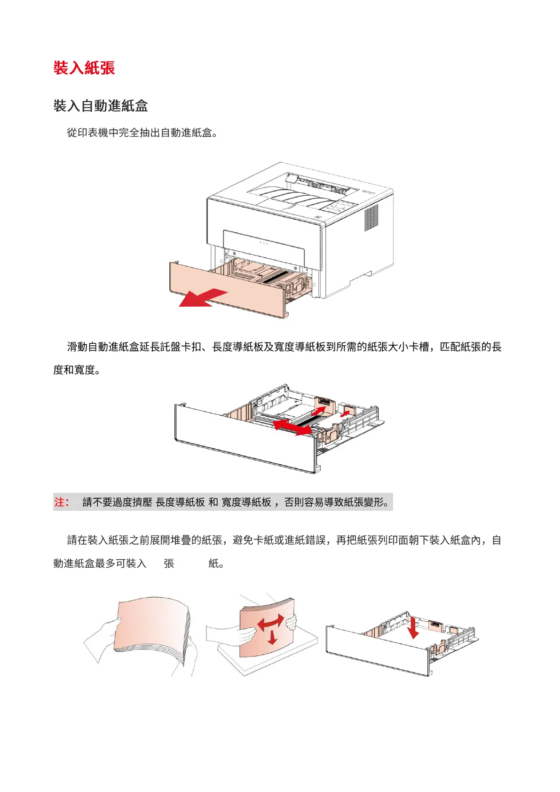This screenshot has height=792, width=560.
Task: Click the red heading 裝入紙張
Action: (84, 68)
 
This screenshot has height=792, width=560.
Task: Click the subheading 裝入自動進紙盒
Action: (101, 106)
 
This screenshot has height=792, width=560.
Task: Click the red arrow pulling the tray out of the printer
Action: (202, 298)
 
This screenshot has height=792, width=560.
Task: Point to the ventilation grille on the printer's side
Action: (371, 217)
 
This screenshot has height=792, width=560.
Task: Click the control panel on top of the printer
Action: (338, 207)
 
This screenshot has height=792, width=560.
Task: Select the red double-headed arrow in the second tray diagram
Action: (292, 428)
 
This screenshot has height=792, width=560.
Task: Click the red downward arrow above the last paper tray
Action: (413, 628)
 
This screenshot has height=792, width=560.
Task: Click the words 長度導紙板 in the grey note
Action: (180, 502)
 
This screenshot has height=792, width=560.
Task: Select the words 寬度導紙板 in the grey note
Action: (246, 502)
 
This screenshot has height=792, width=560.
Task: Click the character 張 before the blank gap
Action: (169, 563)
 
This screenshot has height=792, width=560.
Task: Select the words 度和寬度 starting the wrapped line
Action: (74, 370)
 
